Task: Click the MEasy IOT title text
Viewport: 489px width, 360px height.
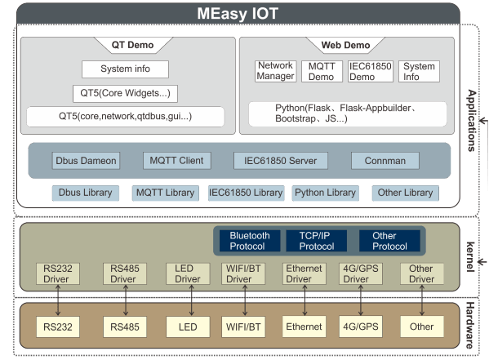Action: pos(238,14)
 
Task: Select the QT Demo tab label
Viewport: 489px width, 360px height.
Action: pos(132,45)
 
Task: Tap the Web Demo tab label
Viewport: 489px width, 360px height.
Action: pos(345,45)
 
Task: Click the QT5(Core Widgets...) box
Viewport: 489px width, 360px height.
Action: pos(126,93)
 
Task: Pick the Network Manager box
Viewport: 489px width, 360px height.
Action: pos(275,71)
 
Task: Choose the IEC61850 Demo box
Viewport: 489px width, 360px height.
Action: pos(370,72)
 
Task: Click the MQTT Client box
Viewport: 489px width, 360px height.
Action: pos(177,161)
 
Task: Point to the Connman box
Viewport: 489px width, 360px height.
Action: pos(385,161)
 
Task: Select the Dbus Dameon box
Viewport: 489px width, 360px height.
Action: pos(86,161)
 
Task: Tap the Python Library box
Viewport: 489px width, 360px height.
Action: pos(325,193)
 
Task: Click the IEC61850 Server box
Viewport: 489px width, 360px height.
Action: pos(281,161)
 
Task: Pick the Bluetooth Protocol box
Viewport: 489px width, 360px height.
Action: pos(250,241)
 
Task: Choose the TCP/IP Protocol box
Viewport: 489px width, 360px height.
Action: pos(316,241)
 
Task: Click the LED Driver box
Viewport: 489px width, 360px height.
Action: pos(188,273)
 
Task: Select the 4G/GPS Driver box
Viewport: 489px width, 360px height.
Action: pos(361,273)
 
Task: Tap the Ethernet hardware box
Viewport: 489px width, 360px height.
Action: pos(304,327)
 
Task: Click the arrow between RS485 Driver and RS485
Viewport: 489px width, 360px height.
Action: pos(126,300)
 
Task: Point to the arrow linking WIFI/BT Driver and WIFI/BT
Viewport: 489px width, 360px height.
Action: pos(245,300)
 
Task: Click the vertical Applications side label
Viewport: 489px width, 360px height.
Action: pos(472,121)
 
